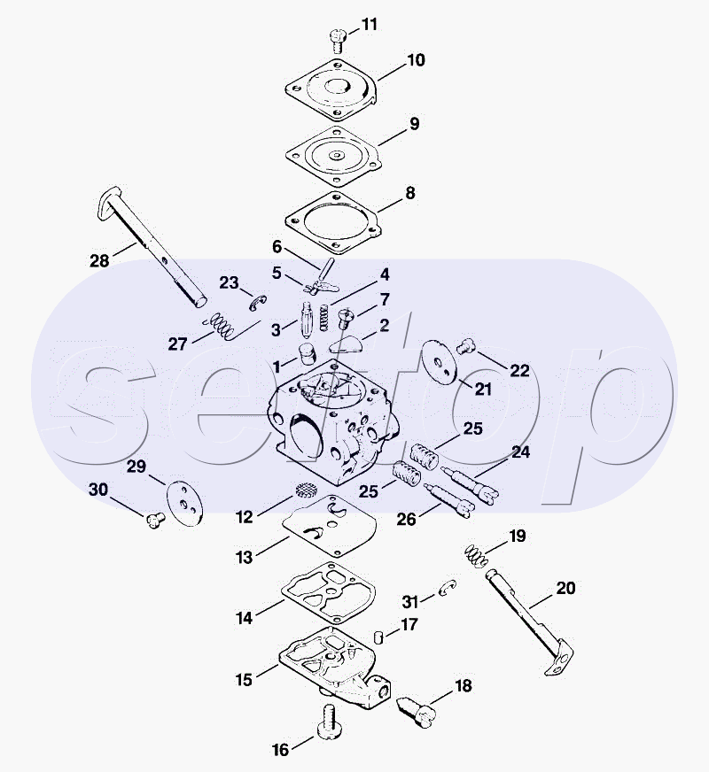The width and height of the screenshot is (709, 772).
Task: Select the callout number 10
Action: tap(416, 60)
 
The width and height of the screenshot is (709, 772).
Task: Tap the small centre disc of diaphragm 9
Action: tap(337, 156)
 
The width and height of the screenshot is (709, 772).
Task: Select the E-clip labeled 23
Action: tap(257, 304)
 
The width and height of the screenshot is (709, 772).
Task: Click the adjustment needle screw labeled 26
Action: tap(448, 499)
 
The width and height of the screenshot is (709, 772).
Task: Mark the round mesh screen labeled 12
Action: tap(306, 490)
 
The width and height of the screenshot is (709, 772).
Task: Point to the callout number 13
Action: tap(244, 558)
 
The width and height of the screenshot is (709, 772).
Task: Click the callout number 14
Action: tap(245, 618)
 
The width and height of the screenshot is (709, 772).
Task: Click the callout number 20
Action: tap(565, 588)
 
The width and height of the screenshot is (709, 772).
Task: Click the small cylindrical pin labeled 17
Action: tap(378, 637)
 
